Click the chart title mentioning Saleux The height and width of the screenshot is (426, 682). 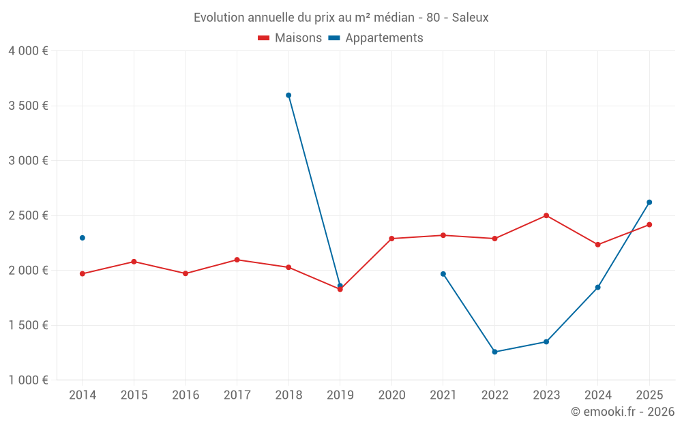pos(341,18)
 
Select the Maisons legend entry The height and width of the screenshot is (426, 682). pos(290,38)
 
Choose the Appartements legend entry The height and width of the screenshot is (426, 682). pos(376,38)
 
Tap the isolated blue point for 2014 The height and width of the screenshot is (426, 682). pos(83,238)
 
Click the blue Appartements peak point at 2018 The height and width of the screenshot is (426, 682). pos(288,95)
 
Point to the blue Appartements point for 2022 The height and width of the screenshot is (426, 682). pos(494,352)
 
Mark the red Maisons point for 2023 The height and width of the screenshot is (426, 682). pos(546,215)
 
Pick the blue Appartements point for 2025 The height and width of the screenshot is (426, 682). pos(649,202)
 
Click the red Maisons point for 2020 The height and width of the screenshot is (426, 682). pos(391,239)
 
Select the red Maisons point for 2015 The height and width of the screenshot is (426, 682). pos(134,262)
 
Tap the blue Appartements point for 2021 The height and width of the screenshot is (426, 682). pos(443,274)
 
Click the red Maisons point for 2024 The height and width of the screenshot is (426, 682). pos(597,245)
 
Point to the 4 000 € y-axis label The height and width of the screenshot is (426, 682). pos(28,51)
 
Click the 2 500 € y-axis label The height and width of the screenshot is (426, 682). pos(28,215)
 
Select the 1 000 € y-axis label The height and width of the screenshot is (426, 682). pos(28,380)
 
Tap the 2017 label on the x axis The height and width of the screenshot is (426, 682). pos(237,395)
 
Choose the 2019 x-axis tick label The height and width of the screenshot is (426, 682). pos(340,395)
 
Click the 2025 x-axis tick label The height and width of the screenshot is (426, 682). pos(649,395)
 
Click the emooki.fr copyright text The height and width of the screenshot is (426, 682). pos(622,412)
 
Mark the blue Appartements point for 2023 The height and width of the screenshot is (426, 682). pos(546,341)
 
